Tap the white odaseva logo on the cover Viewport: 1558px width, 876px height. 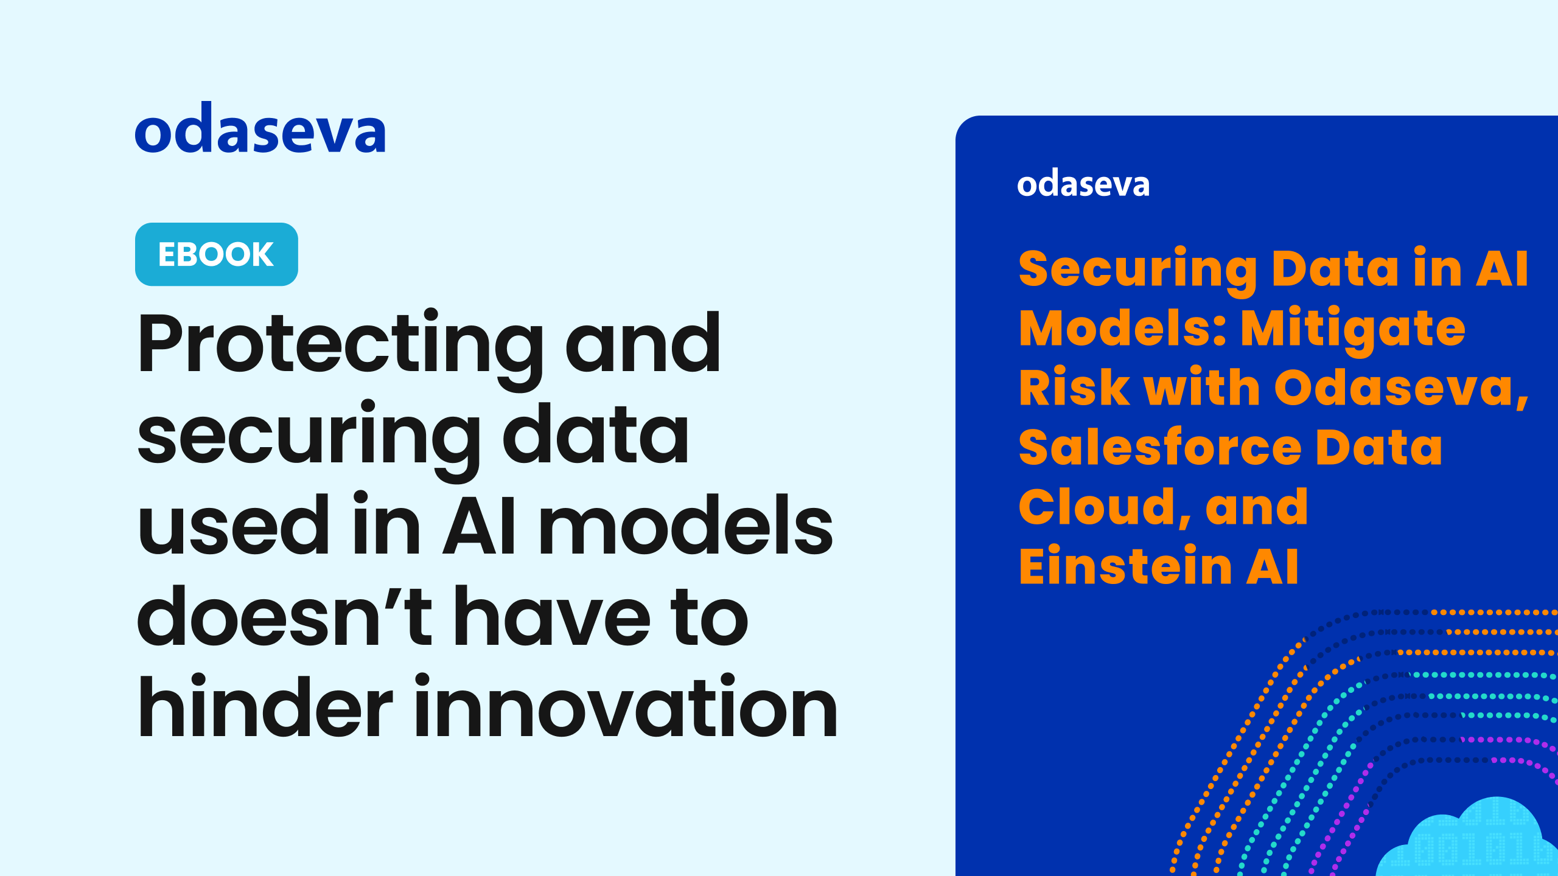(x=1083, y=184)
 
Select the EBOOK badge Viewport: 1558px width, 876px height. (x=217, y=254)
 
